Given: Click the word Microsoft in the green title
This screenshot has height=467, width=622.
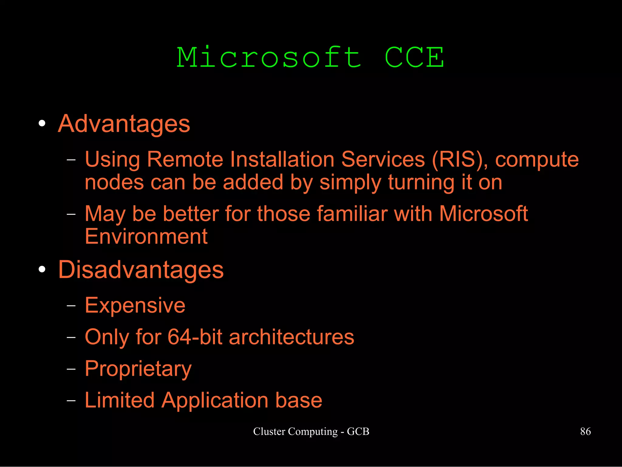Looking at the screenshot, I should point(269,57).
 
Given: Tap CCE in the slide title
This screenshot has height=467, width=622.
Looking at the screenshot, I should point(414,57).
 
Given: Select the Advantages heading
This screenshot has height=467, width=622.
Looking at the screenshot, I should point(124,124).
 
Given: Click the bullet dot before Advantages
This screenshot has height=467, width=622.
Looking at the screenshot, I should point(42,124).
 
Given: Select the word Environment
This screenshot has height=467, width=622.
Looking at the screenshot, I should point(146,236).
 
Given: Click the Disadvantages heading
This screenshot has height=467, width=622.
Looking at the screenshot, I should point(141,269).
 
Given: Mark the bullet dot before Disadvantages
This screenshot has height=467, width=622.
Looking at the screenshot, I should point(42,269).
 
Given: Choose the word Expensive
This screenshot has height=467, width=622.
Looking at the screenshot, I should point(135,305).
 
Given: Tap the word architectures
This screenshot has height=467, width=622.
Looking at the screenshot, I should point(291,337).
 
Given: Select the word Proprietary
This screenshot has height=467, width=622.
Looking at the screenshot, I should point(138,369).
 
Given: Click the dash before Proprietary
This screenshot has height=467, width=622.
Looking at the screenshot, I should point(71,369).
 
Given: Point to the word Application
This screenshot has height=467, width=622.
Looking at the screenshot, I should point(215,400).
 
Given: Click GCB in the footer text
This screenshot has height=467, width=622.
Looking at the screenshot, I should point(358,431).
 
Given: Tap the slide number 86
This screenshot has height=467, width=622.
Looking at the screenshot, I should point(585,431).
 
